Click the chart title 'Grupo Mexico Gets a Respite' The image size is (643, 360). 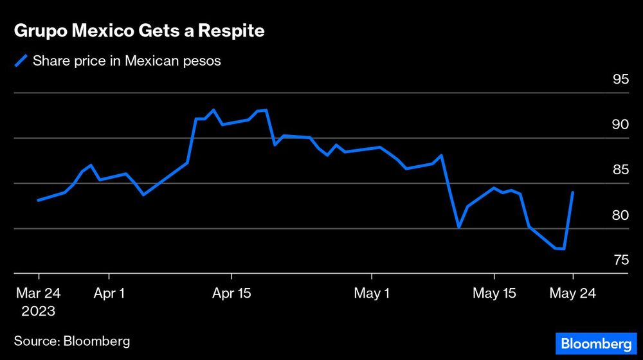point(139,32)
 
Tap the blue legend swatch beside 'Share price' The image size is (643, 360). point(21,61)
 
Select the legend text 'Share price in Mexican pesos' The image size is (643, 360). point(127,61)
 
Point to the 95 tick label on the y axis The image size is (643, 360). point(620,80)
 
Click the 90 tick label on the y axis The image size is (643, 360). point(620,125)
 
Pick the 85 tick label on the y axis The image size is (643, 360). point(620,170)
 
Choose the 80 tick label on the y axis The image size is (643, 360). point(620,215)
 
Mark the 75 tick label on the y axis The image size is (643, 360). point(620,260)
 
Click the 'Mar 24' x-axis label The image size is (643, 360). point(39,293)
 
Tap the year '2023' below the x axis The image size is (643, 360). point(39,311)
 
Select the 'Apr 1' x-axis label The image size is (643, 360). point(109,293)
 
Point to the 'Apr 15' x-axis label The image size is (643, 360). point(232,293)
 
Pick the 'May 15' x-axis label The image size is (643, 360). point(494,293)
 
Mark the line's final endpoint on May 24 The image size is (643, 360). point(573,192)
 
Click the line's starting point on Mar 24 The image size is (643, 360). point(39,200)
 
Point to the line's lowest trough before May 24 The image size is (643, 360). point(564,249)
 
